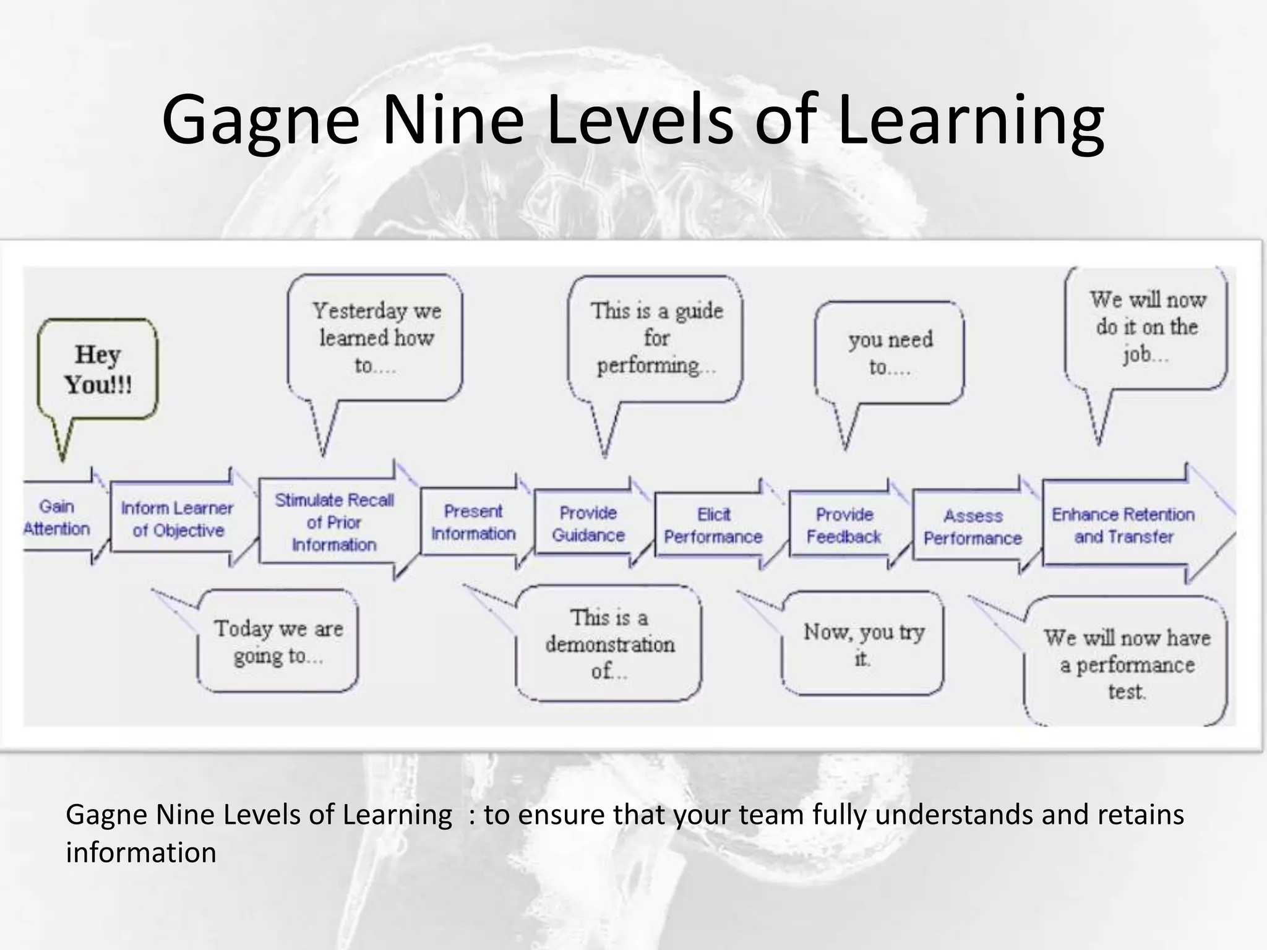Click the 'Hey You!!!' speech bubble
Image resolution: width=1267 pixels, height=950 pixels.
[x=98, y=370]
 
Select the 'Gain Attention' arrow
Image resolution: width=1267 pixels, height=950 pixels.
[x=58, y=518]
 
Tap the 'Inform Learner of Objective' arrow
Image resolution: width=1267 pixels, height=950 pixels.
[x=178, y=520]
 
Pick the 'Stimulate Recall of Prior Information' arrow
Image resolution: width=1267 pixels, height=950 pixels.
[x=334, y=523]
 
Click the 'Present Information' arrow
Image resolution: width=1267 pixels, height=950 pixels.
[x=473, y=523]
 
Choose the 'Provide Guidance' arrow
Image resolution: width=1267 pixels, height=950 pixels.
[x=588, y=524]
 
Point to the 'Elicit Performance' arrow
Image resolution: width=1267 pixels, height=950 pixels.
[x=713, y=526]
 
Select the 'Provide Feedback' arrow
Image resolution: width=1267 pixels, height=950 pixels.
[x=844, y=526]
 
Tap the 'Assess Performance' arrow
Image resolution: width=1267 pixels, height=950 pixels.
[x=973, y=527]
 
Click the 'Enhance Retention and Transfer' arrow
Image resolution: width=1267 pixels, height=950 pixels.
[x=1123, y=526]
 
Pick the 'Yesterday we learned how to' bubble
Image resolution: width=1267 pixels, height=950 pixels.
[x=376, y=338]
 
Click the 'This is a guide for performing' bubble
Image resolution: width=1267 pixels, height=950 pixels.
[x=656, y=338]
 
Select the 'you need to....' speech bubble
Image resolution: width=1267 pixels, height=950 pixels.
[x=890, y=353]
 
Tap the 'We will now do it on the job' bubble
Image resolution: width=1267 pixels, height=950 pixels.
[x=1146, y=328]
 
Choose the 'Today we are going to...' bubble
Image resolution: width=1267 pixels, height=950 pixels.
[x=278, y=642]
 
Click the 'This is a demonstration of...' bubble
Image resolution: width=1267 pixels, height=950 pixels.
[x=609, y=644]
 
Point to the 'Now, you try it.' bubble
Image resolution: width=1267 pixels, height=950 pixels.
[x=863, y=644]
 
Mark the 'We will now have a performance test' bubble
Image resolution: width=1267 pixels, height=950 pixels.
[x=1126, y=664]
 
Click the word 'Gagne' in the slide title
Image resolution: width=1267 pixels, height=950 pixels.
[x=260, y=119]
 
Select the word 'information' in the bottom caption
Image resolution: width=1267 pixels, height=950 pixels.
[x=141, y=853]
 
